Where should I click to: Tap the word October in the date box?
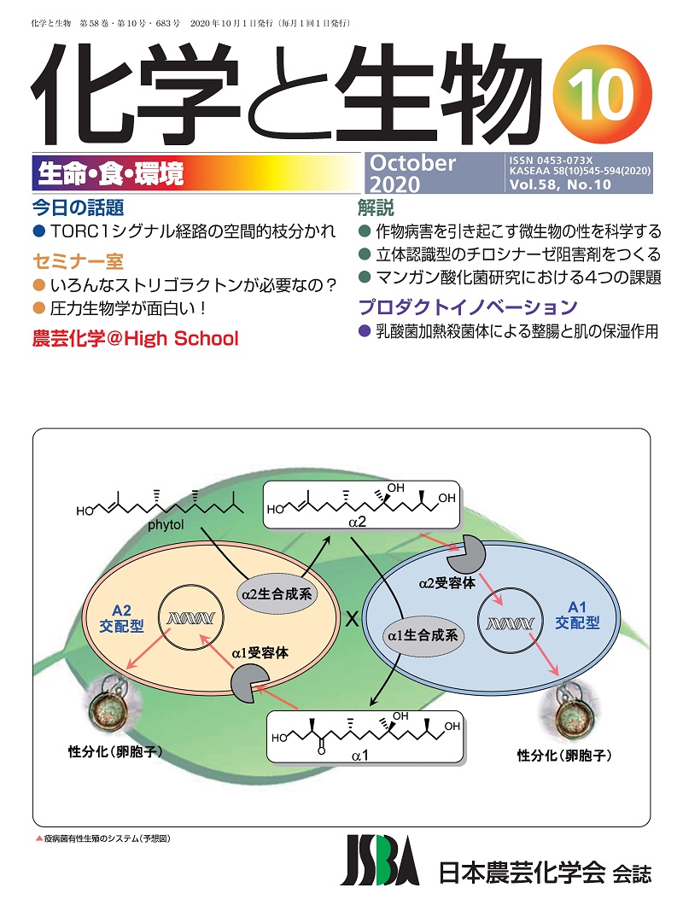point(413,163)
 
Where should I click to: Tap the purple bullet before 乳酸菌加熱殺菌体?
point(365,332)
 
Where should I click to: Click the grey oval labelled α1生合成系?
point(423,634)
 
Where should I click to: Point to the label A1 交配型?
point(577,617)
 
